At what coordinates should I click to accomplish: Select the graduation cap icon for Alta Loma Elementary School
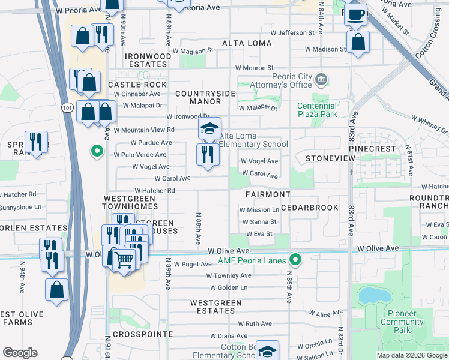point(209,128)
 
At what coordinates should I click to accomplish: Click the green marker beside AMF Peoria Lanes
point(295,259)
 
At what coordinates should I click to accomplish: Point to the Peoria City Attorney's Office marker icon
point(321,79)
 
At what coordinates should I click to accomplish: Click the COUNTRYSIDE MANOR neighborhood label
point(205,98)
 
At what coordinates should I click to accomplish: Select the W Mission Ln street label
point(259,210)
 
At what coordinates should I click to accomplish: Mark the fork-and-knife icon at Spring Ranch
point(36,142)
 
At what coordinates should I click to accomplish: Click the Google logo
point(20,353)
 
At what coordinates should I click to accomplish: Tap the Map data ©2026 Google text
point(412,355)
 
